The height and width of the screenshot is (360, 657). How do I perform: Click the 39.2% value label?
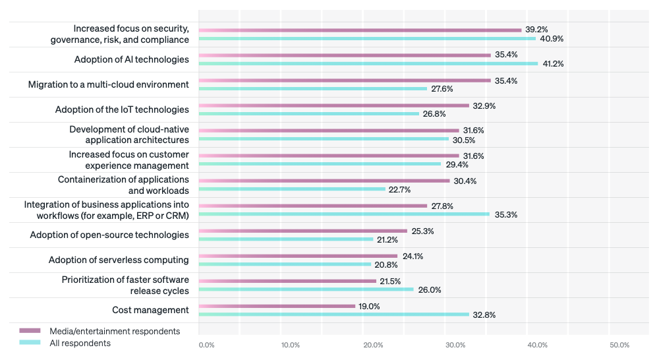(536, 30)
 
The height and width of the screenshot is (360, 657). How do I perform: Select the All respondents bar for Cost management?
(333, 315)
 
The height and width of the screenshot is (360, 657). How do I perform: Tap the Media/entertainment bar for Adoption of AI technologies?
(345, 55)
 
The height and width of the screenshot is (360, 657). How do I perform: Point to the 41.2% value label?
(553, 64)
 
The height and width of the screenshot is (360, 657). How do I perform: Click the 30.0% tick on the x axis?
(455, 345)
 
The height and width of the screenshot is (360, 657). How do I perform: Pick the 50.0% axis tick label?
(619, 345)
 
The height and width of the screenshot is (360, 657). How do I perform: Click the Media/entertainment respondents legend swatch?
(30, 331)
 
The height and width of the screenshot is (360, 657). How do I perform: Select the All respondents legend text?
(80, 343)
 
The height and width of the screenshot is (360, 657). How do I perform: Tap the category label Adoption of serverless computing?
(119, 260)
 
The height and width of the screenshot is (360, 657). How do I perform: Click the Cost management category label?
(152, 310)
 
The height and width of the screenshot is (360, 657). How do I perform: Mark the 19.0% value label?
(368, 306)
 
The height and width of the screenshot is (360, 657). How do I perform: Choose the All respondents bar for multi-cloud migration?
(313, 89)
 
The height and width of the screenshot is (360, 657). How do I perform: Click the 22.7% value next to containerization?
(400, 189)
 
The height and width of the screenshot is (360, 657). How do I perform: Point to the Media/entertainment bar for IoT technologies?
(334, 105)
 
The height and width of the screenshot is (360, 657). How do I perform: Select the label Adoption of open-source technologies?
(109, 235)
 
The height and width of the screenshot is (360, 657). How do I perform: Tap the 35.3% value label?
(504, 214)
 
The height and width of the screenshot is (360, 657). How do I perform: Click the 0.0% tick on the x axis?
(206, 345)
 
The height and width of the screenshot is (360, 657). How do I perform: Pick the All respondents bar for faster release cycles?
(306, 289)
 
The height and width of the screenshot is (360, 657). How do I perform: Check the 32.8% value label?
(484, 315)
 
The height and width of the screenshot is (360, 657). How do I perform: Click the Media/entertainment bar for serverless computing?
(298, 256)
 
